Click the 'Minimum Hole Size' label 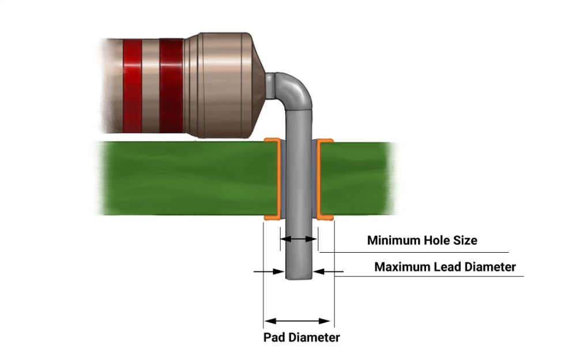(422, 240)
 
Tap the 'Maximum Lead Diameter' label (445, 267)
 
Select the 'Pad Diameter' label (302, 337)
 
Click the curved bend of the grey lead (298, 90)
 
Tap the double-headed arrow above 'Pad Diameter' (297, 321)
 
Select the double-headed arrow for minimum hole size (298, 239)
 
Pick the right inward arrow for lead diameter (329, 271)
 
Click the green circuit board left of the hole (184, 179)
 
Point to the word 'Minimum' (393, 240)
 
